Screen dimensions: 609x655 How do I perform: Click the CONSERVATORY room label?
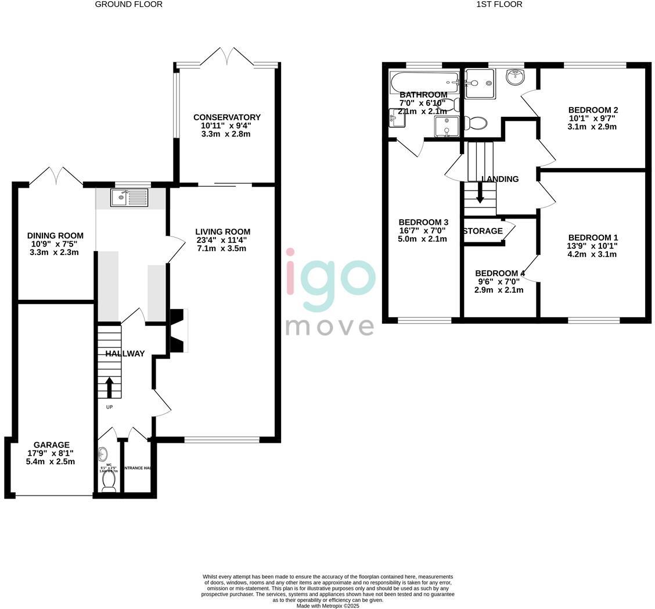[226, 117]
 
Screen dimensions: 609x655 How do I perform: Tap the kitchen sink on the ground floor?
[129, 198]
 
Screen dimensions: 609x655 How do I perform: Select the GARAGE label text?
[51, 445]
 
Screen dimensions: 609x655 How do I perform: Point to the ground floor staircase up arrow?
[109, 387]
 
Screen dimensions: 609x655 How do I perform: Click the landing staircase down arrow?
[480, 193]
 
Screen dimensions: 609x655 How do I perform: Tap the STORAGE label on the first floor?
[483, 231]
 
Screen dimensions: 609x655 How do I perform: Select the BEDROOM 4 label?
[499, 273]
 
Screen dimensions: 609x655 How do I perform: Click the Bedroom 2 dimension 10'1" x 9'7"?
[592, 119]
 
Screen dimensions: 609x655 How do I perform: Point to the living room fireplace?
[178, 331]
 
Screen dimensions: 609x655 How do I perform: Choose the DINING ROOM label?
[55, 236]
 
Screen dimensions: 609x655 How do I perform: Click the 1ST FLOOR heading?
[499, 5]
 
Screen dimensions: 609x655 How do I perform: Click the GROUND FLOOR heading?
[128, 5]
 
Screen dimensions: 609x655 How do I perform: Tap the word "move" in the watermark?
[330, 327]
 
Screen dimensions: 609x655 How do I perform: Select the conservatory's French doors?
[226, 57]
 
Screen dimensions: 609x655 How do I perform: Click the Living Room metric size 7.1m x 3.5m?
[221, 249]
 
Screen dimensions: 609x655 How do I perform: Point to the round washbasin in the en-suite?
[514, 77]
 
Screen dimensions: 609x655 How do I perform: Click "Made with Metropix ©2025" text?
[327, 606]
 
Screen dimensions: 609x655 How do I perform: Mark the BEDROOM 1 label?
[593, 238]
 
